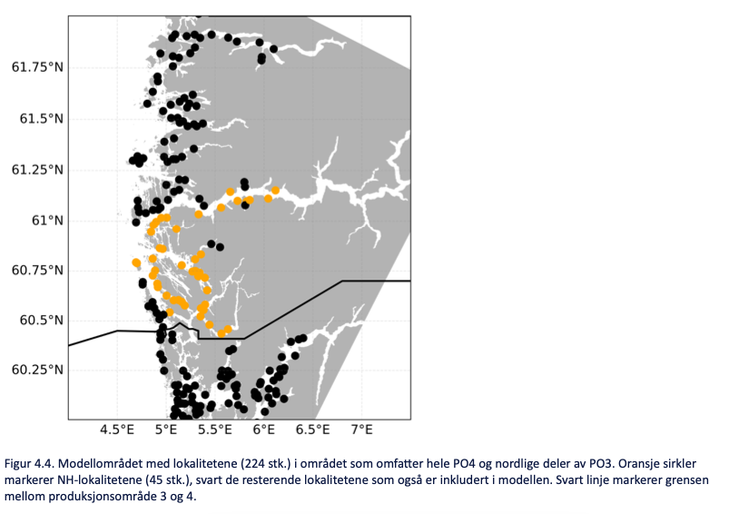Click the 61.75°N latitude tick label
tap(36, 68)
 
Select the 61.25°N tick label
tap(36, 170)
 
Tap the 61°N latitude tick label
tap(44, 221)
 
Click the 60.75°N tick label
tap(36, 271)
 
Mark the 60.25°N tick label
tap(36, 371)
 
